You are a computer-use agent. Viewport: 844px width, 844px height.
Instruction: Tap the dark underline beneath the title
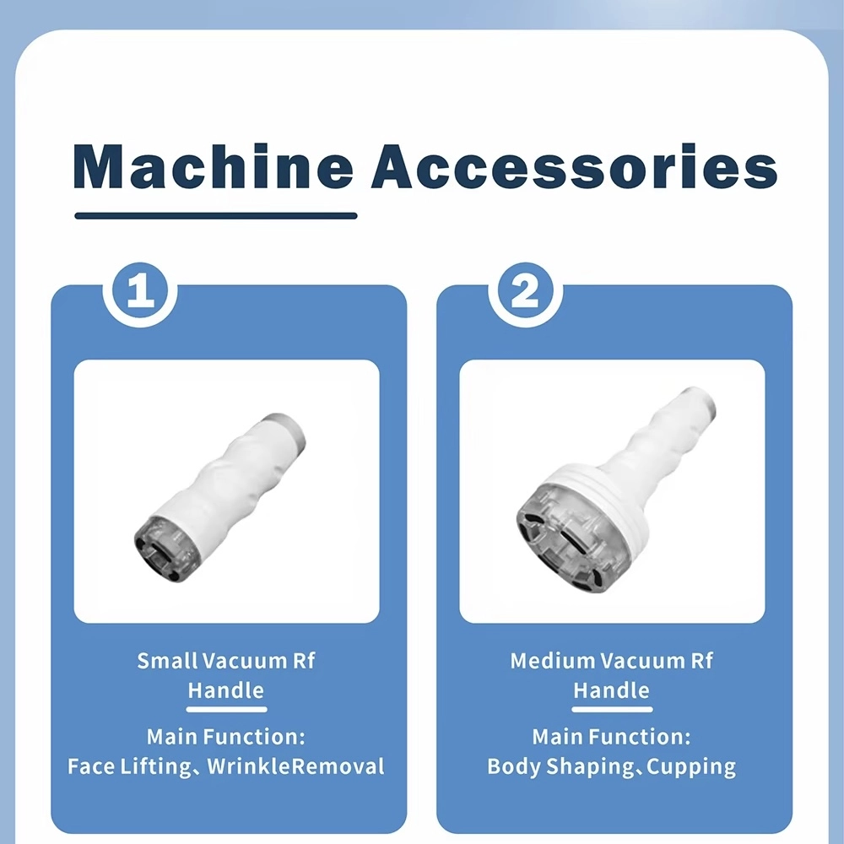pos(216,216)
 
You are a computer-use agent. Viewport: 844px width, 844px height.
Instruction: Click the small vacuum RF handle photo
pos(226,491)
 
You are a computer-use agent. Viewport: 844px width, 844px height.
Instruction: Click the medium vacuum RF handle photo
pos(612,491)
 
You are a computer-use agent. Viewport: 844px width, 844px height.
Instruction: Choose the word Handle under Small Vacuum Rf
pos(226,690)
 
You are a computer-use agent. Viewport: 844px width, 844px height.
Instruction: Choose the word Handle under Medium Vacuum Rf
pos(612,690)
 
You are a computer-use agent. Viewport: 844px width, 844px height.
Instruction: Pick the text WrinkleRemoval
pos(295,766)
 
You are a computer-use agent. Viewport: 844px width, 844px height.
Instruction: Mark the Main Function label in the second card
pos(612,736)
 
